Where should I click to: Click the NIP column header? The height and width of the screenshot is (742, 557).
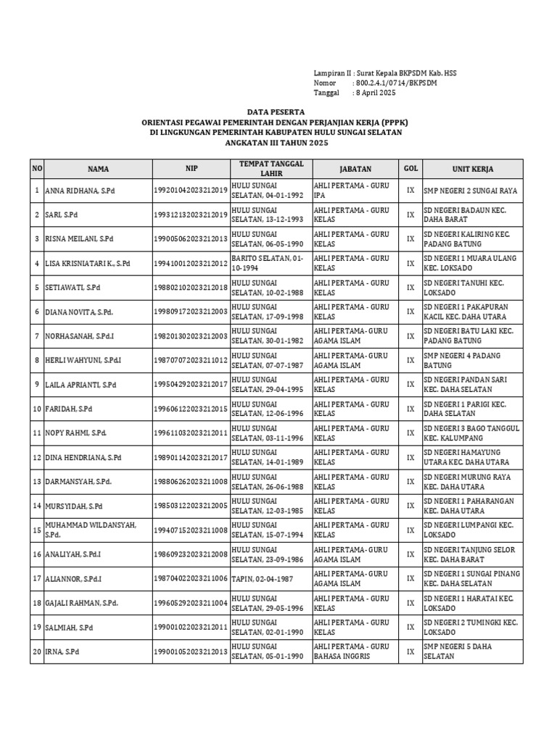point(191,169)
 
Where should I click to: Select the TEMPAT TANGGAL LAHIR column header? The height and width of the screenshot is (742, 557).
point(271,169)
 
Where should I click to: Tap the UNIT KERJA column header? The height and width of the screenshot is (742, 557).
point(472,169)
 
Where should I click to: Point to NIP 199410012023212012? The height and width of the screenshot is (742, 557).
point(191,263)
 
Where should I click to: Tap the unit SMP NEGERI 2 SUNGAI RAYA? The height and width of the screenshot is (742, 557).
point(470,191)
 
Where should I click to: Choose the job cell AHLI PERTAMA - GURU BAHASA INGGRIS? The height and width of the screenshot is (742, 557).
point(351,651)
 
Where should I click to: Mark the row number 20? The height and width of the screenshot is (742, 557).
point(36,652)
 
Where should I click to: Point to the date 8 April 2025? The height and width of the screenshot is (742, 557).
point(375,93)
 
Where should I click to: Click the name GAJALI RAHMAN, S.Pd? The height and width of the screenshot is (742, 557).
point(81,603)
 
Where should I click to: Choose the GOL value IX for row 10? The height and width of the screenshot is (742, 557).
point(410,409)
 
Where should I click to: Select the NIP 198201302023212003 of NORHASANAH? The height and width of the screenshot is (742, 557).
point(191,336)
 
